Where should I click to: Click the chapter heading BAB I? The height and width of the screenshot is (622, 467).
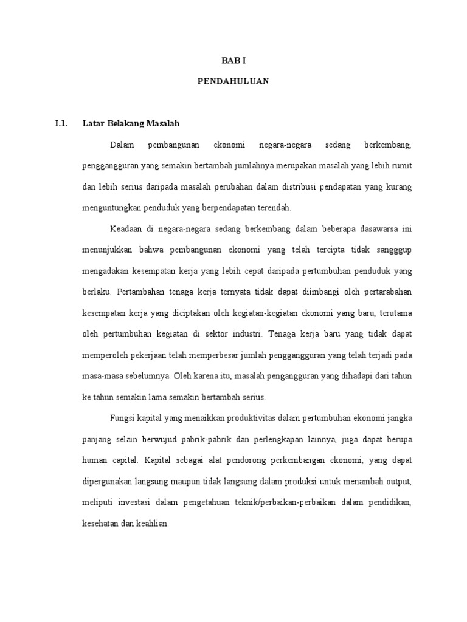(x=233, y=61)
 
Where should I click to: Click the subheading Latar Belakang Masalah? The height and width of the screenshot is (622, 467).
(x=131, y=124)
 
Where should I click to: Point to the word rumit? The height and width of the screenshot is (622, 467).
(x=400, y=166)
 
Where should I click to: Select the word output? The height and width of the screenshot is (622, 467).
(x=398, y=480)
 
